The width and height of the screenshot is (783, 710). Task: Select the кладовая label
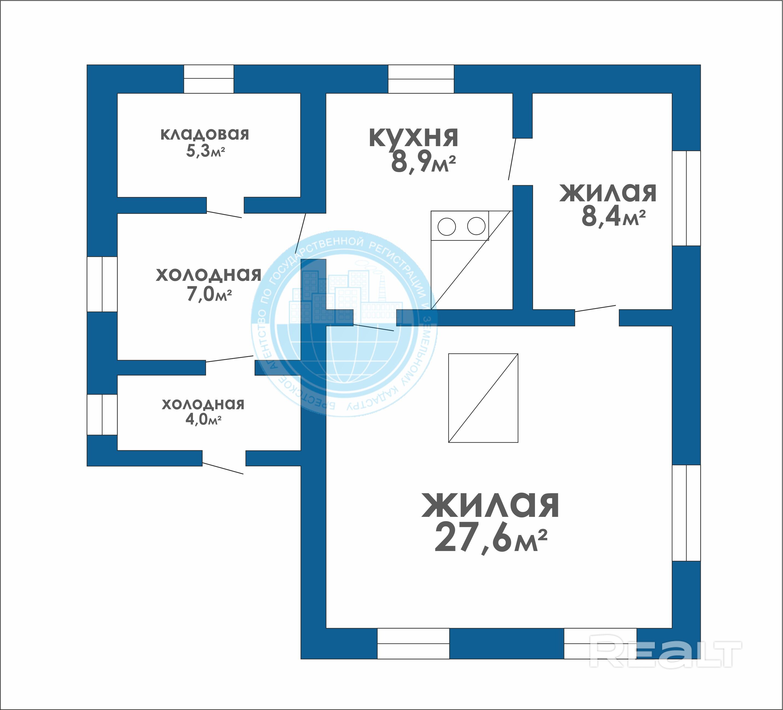pyautogui.click(x=205, y=134)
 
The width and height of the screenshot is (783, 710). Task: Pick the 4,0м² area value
pyautogui.click(x=204, y=420)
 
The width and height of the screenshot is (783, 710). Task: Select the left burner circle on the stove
pyautogui.click(x=447, y=227)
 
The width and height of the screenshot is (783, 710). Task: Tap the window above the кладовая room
pyautogui.click(x=208, y=79)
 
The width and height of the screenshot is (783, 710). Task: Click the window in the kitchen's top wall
pyautogui.click(x=421, y=79)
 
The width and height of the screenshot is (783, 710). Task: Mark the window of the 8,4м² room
pyautogui.click(x=686, y=198)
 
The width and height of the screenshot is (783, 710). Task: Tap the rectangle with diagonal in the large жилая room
pyautogui.click(x=483, y=398)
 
